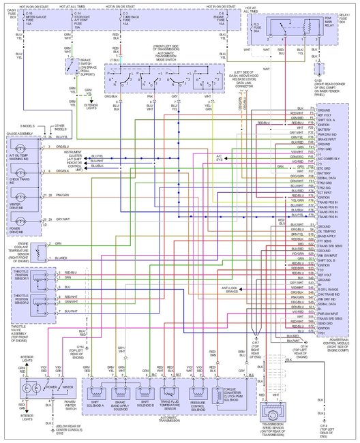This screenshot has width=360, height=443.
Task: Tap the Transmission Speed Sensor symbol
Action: click(x=275, y=414)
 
